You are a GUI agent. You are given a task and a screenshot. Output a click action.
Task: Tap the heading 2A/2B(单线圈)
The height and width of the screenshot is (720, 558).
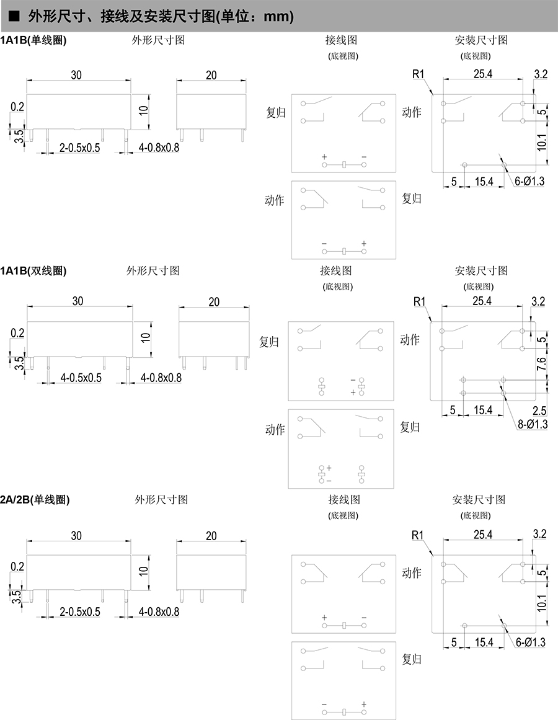(35, 500)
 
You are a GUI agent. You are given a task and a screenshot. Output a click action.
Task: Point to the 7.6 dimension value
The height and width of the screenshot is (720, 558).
(542, 365)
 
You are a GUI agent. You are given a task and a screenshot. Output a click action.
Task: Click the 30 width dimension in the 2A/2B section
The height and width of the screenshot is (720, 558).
(76, 535)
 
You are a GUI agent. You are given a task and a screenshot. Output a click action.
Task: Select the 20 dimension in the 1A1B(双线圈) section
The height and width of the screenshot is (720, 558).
(214, 302)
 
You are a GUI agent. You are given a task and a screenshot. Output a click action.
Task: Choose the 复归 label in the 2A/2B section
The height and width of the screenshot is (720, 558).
(412, 658)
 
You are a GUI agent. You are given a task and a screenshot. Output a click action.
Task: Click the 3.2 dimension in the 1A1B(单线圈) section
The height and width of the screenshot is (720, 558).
(540, 74)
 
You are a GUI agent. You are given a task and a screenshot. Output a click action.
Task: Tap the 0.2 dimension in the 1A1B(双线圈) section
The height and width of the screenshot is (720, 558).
(17, 333)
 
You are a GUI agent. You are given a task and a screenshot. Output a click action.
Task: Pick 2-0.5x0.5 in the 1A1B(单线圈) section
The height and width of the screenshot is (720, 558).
(79, 148)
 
